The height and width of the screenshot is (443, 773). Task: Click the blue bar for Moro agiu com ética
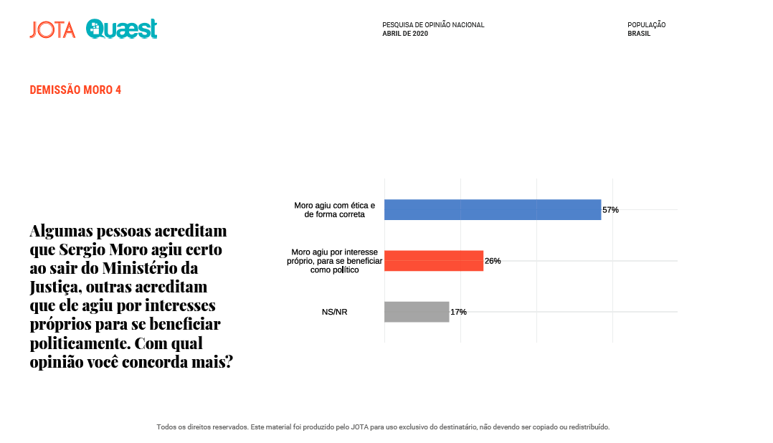pyautogui.click(x=493, y=209)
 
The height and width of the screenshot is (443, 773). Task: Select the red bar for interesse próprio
pyautogui.click(x=434, y=261)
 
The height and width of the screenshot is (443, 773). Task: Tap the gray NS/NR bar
pyautogui.click(x=417, y=312)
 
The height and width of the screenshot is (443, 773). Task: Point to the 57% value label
pyautogui.click(x=610, y=210)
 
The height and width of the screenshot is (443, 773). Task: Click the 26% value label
pyautogui.click(x=493, y=261)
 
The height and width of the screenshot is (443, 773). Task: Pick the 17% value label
pyautogui.click(x=458, y=312)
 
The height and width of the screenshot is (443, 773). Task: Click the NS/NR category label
pyautogui.click(x=335, y=312)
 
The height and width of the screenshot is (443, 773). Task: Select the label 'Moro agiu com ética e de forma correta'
pyautogui.click(x=334, y=209)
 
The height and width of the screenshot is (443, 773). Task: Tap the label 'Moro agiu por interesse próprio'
pyautogui.click(x=335, y=261)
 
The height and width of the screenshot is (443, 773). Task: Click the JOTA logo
pyautogui.click(x=52, y=30)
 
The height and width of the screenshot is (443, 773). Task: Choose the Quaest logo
pyautogui.click(x=121, y=29)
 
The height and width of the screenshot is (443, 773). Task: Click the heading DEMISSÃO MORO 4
pyautogui.click(x=75, y=90)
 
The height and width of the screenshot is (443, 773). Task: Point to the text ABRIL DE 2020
pyautogui.click(x=405, y=34)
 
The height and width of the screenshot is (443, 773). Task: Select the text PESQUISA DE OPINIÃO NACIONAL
pyautogui.click(x=433, y=25)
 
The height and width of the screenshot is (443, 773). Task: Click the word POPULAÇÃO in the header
pyautogui.click(x=646, y=25)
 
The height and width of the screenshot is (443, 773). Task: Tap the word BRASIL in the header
pyautogui.click(x=639, y=34)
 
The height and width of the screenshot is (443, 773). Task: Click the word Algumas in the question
pyautogui.click(x=62, y=232)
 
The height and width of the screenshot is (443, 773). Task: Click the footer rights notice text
pyautogui.click(x=383, y=427)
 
